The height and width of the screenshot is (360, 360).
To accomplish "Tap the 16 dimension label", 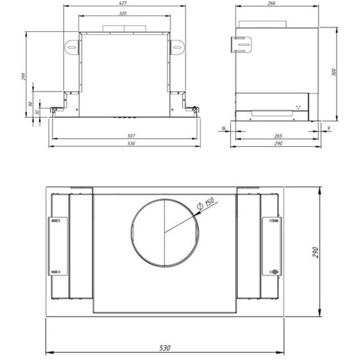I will click(223, 128).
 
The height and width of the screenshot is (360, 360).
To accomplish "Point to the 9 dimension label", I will click(329, 128).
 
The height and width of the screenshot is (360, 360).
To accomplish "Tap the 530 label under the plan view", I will click(166, 347).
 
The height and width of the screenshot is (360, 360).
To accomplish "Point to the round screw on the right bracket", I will click(275, 272).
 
